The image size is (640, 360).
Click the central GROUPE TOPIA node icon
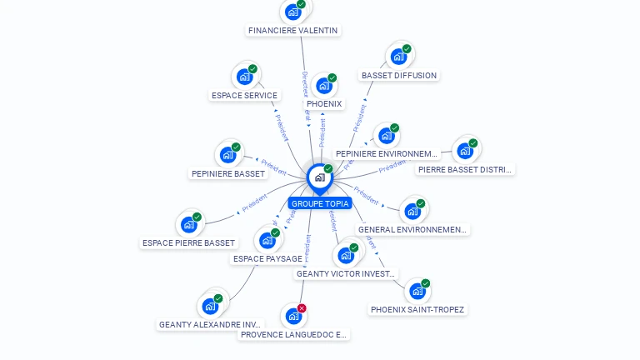tap(318, 177)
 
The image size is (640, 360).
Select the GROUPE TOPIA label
tap(320, 203)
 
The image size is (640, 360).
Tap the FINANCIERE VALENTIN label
tap(292, 31)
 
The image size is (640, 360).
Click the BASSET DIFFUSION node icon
tap(398, 57)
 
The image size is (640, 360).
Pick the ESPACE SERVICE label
tap(244, 96)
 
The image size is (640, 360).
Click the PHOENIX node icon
tap(323, 85)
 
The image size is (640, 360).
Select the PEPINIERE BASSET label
tap(228, 174)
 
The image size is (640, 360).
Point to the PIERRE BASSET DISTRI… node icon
tap(465, 151)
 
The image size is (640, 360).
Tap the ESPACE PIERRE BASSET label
tap(188, 243)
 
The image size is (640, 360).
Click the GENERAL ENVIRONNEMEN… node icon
tap(412, 211)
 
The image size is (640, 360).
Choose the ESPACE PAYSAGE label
tap(267, 259)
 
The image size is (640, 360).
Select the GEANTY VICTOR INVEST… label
tap(347, 273)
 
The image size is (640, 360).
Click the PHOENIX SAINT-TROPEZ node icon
tap(417, 291)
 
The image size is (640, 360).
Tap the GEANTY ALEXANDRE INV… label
tap(210, 324)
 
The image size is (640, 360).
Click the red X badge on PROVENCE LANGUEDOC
tap(302, 308)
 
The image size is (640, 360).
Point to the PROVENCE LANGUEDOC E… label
tap(293, 334)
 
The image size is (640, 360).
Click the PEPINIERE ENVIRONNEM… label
tap(386, 154)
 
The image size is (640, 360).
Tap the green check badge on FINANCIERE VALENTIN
tap(302, 4)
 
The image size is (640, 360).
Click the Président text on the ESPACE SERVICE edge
tap(281, 126)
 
